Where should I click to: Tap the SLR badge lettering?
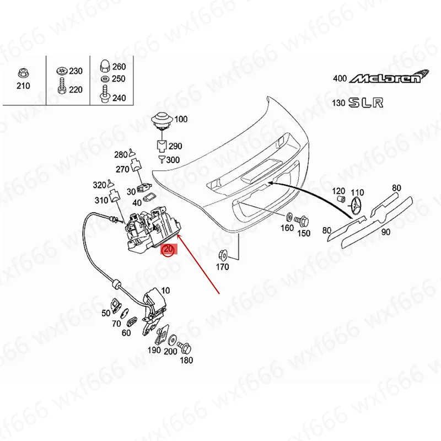tap(366, 103)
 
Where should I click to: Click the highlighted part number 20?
tap(169, 249)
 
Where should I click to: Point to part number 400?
tap(340, 78)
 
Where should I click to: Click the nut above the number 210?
tap(23, 73)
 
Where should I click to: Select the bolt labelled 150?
tap(301, 221)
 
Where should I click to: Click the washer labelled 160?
tap(288, 217)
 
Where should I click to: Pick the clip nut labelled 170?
tap(223, 256)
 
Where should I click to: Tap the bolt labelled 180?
tap(185, 348)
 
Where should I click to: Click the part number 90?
tap(385, 232)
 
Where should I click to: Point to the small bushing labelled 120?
tap(341, 200)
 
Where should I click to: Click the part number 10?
tap(166, 291)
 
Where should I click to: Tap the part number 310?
tap(101, 200)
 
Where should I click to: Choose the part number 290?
tap(175, 146)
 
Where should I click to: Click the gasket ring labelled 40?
tap(148, 197)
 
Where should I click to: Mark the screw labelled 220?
tap(61, 86)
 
